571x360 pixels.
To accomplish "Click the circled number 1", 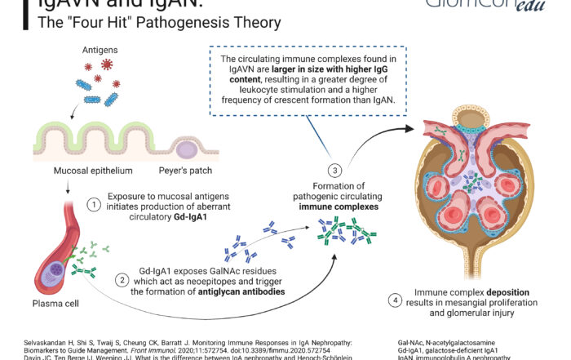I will coord(94,205).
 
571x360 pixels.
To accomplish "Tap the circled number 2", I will coord(122,279).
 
